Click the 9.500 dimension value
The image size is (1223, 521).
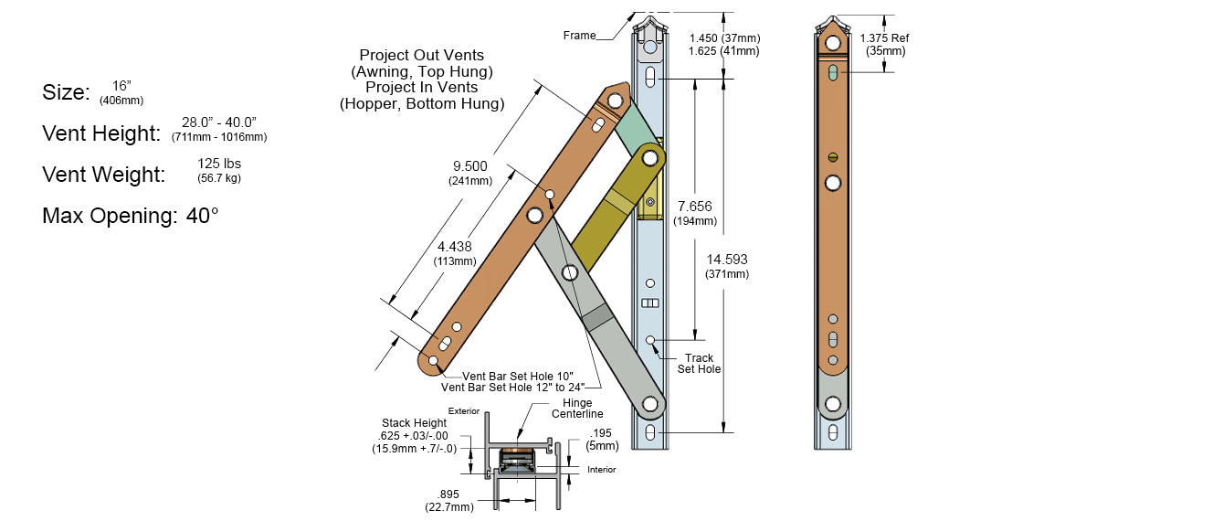[x=470, y=165]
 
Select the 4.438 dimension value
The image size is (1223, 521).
[x=455, y=246]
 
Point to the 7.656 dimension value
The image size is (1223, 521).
[x=695, y=206]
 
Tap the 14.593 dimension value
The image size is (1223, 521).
[x=727, y=259]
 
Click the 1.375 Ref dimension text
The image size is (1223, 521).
[x=883, y=37]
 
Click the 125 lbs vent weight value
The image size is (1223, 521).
[x=218, y=163]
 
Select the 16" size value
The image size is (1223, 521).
[x=121, y=84]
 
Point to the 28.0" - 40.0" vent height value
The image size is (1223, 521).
[x=218, y=122]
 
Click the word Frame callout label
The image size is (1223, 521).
[x=579, y=36]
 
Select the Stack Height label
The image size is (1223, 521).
[x=416, y=423]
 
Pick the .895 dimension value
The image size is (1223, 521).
[x=448, y=494]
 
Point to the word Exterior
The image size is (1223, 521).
[x=464, y=411]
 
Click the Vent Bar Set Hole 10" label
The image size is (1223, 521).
[x=518, y=376]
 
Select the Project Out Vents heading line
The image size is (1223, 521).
[x=421, y=56]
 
